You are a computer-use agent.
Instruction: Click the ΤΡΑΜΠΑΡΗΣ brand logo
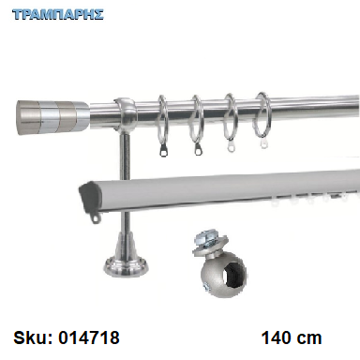[58, 15]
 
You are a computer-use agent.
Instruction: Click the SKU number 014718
[89, 337]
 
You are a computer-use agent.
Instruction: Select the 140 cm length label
[292, 337]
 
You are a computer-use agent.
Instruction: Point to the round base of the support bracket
[127, 269]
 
